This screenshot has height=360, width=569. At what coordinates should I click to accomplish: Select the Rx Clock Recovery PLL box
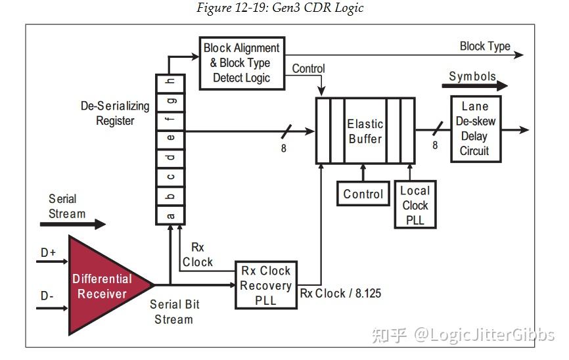[265, 286]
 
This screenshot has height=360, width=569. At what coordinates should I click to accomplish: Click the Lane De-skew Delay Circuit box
[475, 128]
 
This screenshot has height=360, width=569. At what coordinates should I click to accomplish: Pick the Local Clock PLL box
[415, 205]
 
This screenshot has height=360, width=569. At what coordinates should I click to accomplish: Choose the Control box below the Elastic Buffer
[363, 194]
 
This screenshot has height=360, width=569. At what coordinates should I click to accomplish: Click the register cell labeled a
[170, 214]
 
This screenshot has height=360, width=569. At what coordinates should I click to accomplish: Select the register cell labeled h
[170, 81]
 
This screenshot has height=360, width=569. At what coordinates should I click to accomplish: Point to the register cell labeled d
[170, 157]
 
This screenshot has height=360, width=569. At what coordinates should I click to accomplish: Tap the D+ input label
[49, 253]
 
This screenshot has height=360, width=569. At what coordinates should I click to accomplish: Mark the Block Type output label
[485, 46]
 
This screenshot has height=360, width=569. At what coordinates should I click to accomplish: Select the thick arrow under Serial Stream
[72, 224]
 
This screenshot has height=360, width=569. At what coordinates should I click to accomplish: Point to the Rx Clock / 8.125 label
[340, 293]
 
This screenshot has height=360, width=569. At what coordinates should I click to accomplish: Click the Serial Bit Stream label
[174, 312]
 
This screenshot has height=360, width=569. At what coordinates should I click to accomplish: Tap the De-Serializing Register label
[115, 113]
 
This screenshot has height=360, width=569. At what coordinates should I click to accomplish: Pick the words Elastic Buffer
[365, 131]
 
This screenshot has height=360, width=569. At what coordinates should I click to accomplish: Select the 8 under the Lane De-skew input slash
[435, 146]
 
